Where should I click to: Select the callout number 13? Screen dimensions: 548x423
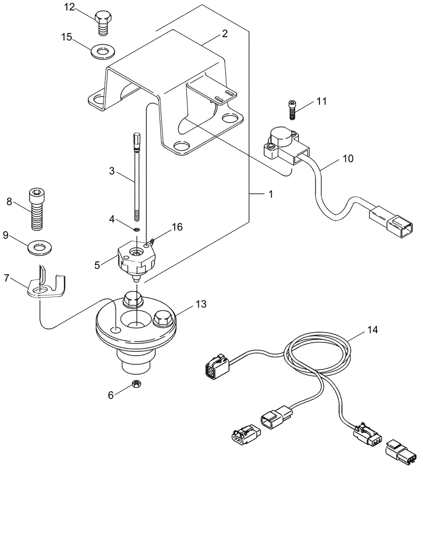click(186, 304)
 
